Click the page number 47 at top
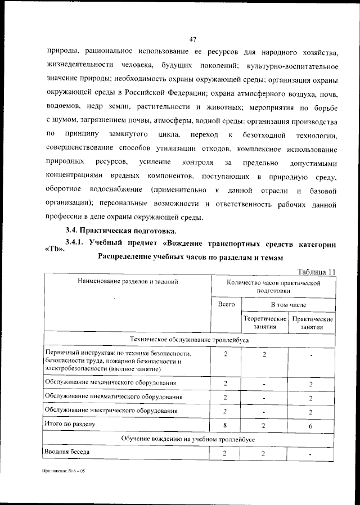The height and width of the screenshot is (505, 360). click(x=192, y=39)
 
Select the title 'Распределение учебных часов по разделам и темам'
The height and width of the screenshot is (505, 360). click(x=190, y=258)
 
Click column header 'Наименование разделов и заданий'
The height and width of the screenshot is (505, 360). click(x=128, y=282)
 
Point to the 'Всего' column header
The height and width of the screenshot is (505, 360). click(x=226, y=304)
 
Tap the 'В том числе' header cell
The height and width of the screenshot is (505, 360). click(x=289, y=304)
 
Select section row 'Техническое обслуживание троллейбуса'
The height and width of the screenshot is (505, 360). click(x=190, y=340)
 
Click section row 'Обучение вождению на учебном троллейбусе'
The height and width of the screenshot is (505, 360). click(x=190, y=438)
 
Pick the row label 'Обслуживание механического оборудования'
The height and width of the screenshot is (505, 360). click(x=110, y=383)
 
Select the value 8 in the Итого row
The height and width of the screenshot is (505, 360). click(x=225, y=425)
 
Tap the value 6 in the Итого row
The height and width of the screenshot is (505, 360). click(x=311, y=426)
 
